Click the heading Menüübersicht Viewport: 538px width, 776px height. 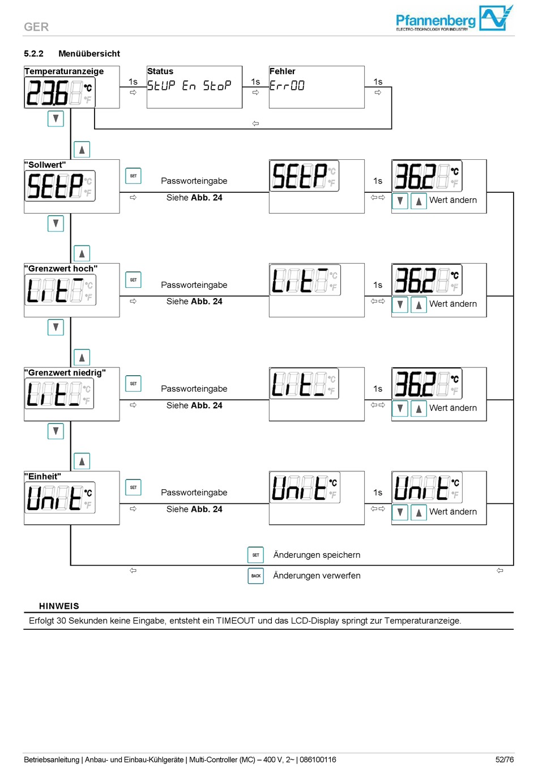(x=89, y=54)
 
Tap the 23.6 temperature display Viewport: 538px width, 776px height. (x=59, y=93)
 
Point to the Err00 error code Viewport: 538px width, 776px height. (x=287, y=86)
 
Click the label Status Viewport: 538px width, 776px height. (x=160, y=71)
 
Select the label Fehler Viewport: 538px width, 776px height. (x=282, y=71)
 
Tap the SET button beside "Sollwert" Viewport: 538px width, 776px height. (x=133, y=176)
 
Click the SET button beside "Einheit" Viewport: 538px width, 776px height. (x=133, y=487)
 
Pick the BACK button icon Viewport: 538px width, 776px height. (x=256, y=576)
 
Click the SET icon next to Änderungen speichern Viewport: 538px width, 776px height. (x=256, y=555)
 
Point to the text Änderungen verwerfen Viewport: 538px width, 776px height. (x=317, y=575)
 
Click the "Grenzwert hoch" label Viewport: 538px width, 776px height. (x=61, y=269)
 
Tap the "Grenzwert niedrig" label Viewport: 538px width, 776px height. (x=65, y=372)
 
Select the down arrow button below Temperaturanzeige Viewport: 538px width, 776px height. (x=55, y=119)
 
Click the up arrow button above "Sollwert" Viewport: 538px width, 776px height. (x=82, y=150)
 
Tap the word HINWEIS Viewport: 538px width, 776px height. (x=59, y=606)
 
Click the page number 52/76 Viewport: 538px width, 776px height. (x=505, y=760)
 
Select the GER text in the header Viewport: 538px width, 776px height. (x=36, y=27)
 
